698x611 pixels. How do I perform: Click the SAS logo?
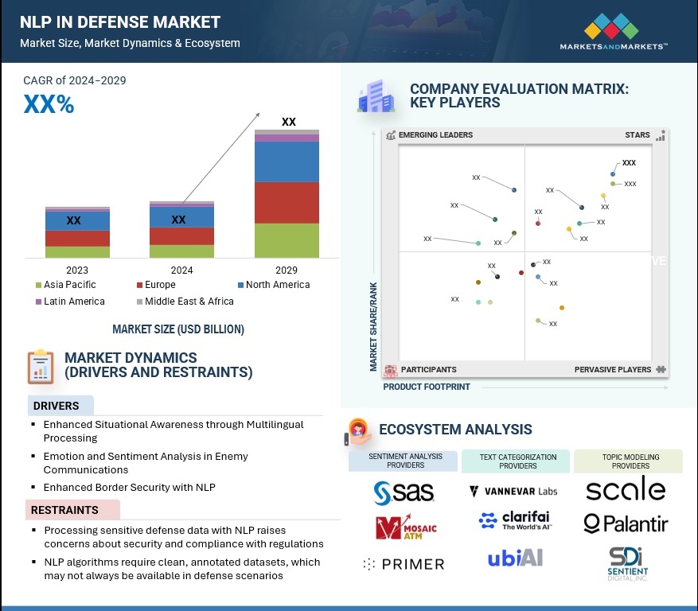(x=404, y=492)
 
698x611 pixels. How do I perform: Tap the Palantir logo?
(x=626, y=523)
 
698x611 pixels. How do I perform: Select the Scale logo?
(x=626, y=489)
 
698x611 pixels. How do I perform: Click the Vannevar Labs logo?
(x=513, y=491)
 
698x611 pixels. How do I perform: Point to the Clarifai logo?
(x=515, y=521)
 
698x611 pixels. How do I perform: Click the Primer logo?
(x=404, y=563)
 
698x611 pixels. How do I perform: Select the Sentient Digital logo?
(x=628, y=562)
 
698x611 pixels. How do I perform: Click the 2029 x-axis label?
(x=287, y=270)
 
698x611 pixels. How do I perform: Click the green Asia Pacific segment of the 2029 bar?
(x=287, y=240)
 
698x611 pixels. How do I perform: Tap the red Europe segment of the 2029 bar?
(x=287, y=202)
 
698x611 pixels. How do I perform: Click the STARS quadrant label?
(x=638, y=135)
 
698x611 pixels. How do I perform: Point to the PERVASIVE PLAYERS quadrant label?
(x=614, y=370)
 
